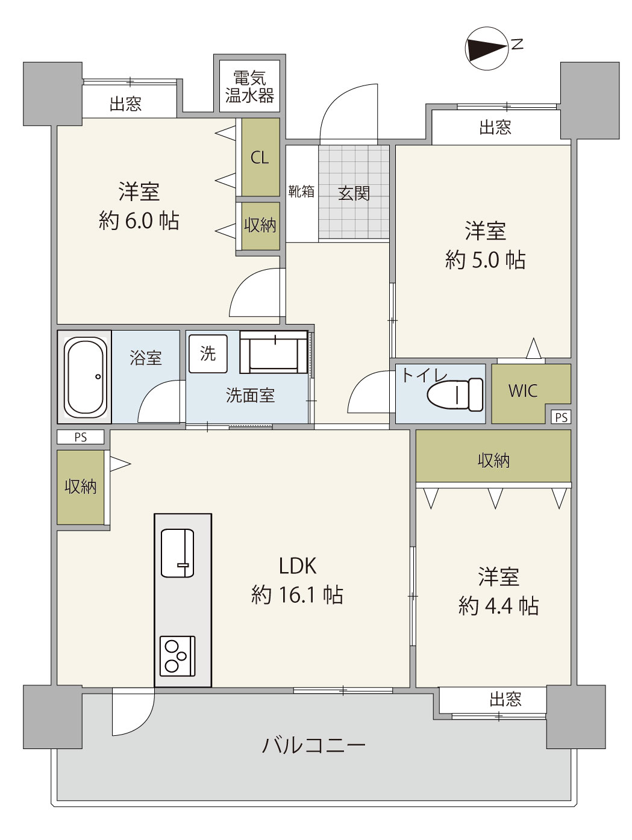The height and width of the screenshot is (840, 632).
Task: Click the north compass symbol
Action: (487, 48)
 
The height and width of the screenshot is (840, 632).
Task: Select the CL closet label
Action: (260, 157)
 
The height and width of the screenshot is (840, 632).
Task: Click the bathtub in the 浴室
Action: (86, 377)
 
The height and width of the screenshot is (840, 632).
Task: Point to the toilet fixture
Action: (455, 394)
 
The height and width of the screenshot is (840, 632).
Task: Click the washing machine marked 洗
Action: (208, 353)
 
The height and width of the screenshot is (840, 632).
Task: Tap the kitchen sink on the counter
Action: (177, 553)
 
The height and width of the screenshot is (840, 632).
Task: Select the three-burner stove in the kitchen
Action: (178, 656)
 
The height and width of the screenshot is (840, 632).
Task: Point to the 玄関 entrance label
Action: (354, 193)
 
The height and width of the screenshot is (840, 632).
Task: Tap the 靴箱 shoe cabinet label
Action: (301, 191)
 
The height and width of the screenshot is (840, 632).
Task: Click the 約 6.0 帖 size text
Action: (139, 221)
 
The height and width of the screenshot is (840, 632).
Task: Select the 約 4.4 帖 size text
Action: (498, 606)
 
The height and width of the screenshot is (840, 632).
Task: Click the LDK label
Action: (298, 566)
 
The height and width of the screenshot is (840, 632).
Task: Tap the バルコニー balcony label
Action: (314, 745)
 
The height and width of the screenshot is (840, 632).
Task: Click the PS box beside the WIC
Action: (561, 417)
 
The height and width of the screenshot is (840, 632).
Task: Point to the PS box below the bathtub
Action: (81, 437)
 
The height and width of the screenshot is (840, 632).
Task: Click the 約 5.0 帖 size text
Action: (485, 260)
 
